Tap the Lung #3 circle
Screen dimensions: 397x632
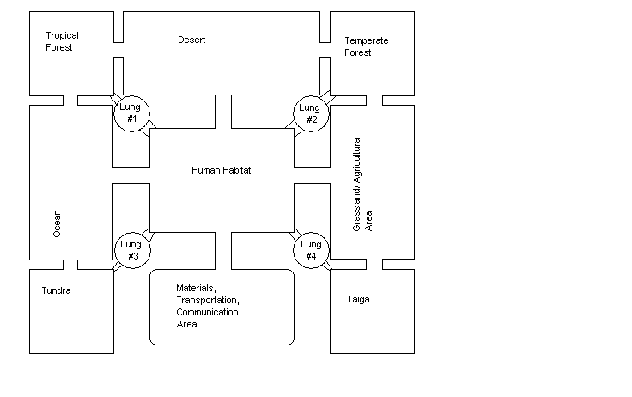tap(132, 250)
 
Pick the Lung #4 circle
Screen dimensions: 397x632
tap(311, 250)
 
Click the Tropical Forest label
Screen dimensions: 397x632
tap(63, 41)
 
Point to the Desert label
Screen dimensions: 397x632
tap(191, 40)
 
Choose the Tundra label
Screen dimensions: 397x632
tap(57, 290)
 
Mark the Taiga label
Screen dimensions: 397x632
tap(358, 299)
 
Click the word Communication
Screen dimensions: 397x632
tap(207, 312)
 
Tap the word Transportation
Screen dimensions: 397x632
tap(207, 299)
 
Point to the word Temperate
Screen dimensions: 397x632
tap(367, 40)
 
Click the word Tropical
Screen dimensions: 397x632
tap(63, 35)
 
